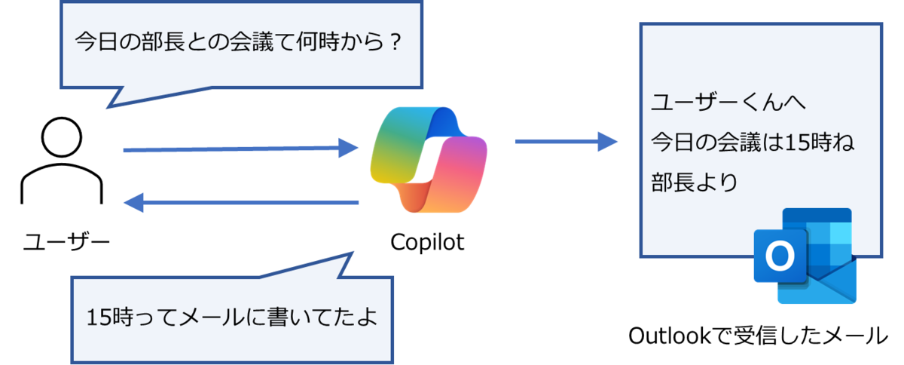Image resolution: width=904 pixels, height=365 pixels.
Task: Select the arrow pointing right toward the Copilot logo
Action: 241,149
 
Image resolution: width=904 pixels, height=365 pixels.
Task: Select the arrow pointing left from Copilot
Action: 241,202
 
